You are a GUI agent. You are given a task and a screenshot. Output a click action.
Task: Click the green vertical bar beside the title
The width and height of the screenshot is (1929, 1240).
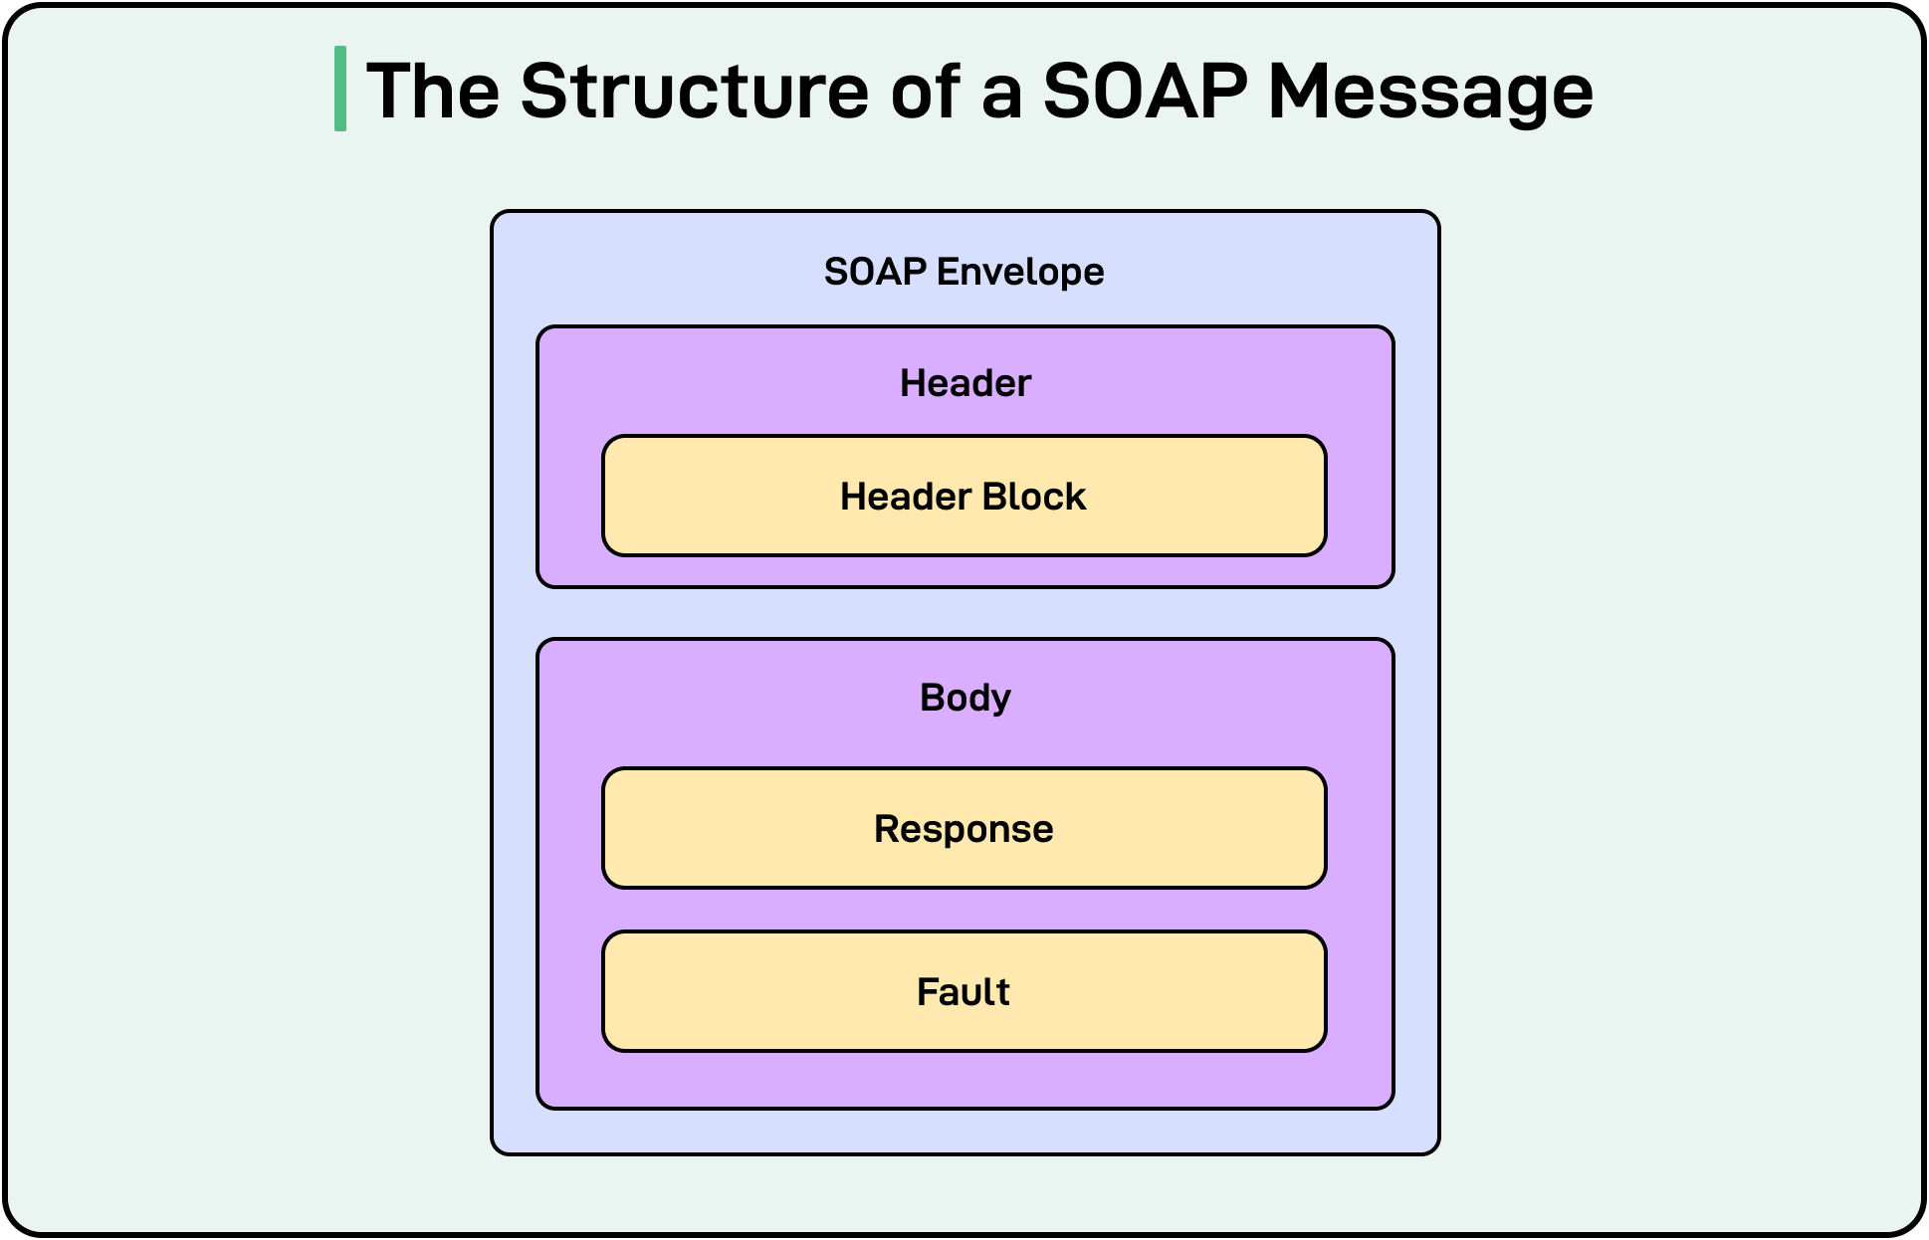point(340,89)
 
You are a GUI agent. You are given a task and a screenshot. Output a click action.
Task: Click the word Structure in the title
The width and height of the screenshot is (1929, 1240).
point(694,92)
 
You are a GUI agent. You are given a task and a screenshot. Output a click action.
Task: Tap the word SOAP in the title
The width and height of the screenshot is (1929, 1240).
point(1144,92)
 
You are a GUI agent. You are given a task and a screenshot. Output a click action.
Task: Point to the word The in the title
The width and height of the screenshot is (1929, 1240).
point(433,92)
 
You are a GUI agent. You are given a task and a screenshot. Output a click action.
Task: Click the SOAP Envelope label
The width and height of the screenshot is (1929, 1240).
point(964,272)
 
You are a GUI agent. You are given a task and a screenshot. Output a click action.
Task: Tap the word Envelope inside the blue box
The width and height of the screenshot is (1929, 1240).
point(1019,272)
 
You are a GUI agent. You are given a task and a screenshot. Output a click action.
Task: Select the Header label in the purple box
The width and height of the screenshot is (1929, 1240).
point(964,383)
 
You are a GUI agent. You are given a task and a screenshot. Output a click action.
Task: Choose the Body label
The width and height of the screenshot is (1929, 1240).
point(964,698)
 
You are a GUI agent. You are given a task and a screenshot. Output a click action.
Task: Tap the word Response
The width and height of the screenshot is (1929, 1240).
point(964,829)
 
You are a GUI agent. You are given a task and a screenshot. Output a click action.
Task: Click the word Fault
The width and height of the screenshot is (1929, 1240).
point(963,992)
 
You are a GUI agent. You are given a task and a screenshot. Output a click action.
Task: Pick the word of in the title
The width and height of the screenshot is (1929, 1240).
point(925,92)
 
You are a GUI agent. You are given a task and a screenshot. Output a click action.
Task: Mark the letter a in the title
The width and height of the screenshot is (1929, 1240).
point(1001,95)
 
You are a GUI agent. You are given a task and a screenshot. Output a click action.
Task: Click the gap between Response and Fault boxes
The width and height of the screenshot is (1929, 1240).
point(964,910)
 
